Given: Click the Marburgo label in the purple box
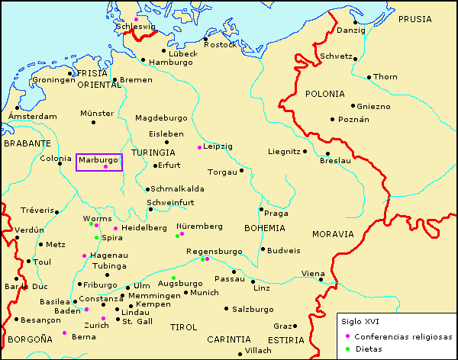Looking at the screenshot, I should click(98, 160).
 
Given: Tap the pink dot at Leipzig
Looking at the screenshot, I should click(199, 147).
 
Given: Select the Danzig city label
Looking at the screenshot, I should click(351, 31).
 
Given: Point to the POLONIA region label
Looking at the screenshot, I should click(325, 94).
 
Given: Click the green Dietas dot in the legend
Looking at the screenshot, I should click(347, 349).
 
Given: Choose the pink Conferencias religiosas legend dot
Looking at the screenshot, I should click(347, 336).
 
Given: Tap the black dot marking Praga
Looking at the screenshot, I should click(261, 209).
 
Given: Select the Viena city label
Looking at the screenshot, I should click(312, 273).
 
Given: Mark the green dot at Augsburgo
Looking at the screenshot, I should click(173, 278).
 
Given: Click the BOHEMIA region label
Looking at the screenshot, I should click(264, 228).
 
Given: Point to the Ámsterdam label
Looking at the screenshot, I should click(31, 117).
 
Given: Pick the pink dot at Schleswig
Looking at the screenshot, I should click(137, 19).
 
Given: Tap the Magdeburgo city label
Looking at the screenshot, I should click(160, 118).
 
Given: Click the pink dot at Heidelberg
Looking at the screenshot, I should click(115, 228).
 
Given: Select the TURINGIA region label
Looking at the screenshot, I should click(153, 153).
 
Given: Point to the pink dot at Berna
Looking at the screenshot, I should click(64, 333).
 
